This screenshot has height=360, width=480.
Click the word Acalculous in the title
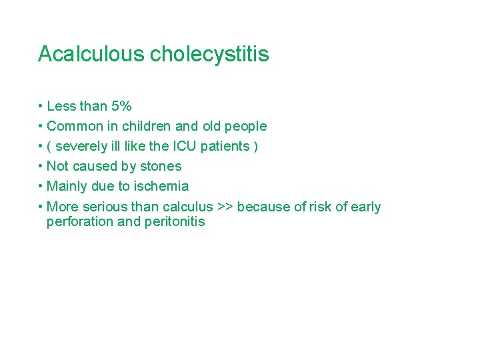[91, 54]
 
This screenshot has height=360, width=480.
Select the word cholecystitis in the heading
[209, 54]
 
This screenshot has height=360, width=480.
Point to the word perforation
[80, 222]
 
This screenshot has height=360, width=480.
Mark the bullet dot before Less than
[41, 107]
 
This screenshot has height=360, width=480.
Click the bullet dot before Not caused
[41, 167]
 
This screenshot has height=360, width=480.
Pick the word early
[365, 207]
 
